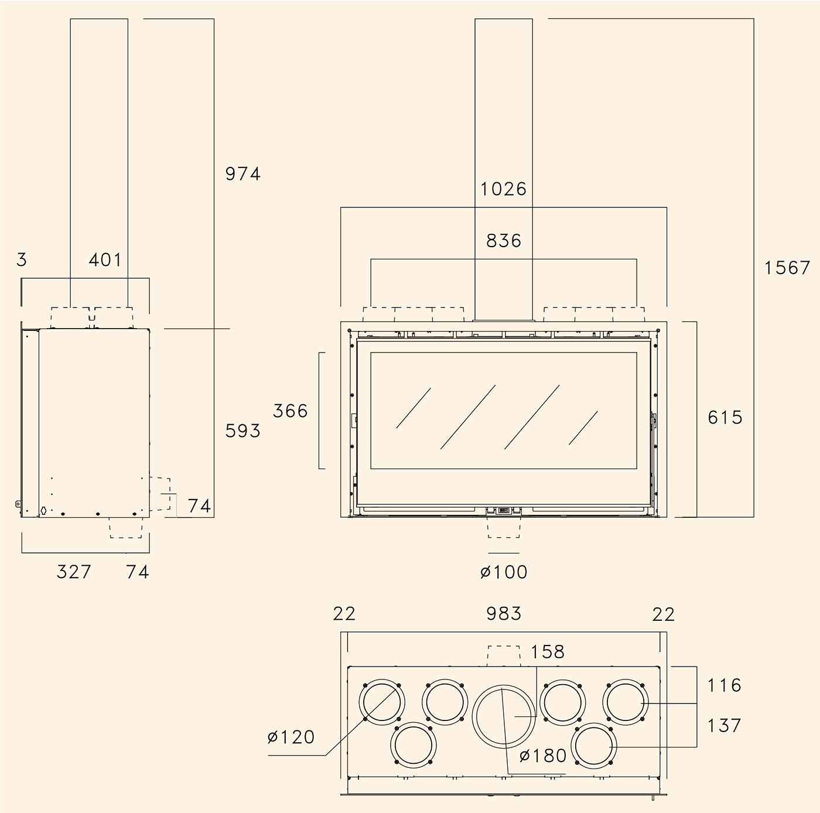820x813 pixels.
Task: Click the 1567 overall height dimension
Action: pyautogui.click(x=787, y=268)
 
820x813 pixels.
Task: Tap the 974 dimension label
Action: pyautogui.click(x=242, y=173)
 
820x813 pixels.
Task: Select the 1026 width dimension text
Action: pyautogui.click(x=503, y=189)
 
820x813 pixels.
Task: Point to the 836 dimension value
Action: pyautogui.click(x=503, y=241)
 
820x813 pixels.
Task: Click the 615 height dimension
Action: pyautogui.click(x=725, y=418)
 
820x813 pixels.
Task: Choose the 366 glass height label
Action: pyautogui.click(x=290, y=411)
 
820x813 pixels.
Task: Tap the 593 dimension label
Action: pyautogui.click(x=242, y=431)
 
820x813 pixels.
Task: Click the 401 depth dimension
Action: pyautogui.click(x=105, y=259)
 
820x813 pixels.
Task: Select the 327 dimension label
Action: pyautogui.click(x=74, y=572)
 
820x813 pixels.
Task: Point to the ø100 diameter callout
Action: pyautogui.click(x=504, y=572)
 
